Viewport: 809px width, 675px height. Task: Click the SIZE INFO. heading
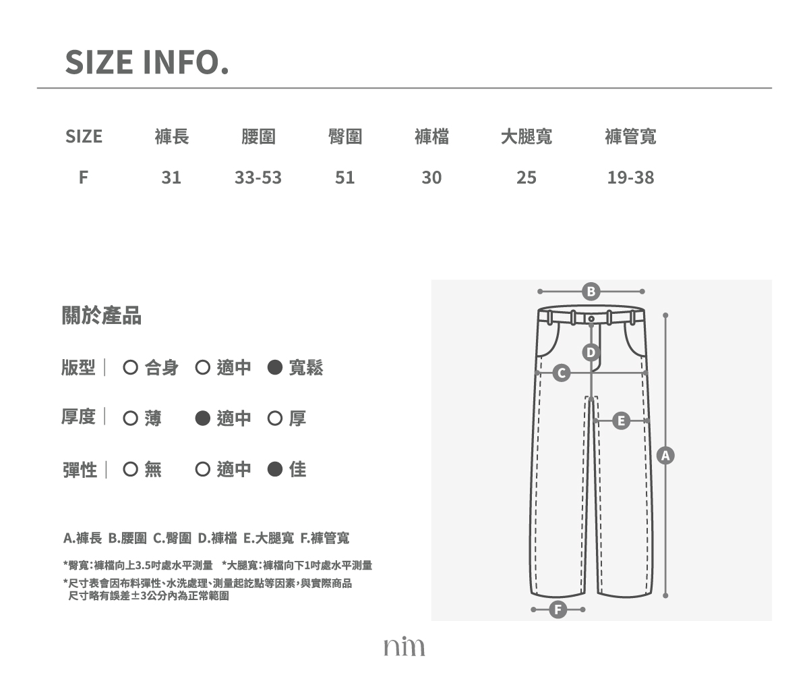(147, 62)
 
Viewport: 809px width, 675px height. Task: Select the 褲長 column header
(172, 136)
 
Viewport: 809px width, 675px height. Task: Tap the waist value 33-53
(258, 178)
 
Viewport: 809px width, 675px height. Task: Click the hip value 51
(344, 178)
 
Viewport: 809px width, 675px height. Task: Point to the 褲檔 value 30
(431, 178)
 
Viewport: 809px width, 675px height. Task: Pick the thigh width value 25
(526, 178)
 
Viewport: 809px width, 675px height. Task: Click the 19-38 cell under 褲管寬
(630, 178)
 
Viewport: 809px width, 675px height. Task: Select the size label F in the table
(84, 178)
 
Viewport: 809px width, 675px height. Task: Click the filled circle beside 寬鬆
(274, 367)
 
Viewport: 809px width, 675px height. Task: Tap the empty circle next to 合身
(131, 367)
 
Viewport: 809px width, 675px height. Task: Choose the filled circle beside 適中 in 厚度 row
(203, 418)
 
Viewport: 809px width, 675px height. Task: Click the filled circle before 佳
(274, 469)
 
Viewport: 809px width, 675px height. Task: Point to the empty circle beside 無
(131, 469)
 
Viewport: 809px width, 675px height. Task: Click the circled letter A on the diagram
(665, 456)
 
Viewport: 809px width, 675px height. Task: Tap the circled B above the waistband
(591, 292)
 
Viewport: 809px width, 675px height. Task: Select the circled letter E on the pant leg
(621, 421)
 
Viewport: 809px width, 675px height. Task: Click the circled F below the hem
(558, 610)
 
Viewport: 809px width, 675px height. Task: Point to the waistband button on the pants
(591, 319)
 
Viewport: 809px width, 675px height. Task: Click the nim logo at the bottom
(404, 646)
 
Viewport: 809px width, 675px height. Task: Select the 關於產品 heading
(102, 315)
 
